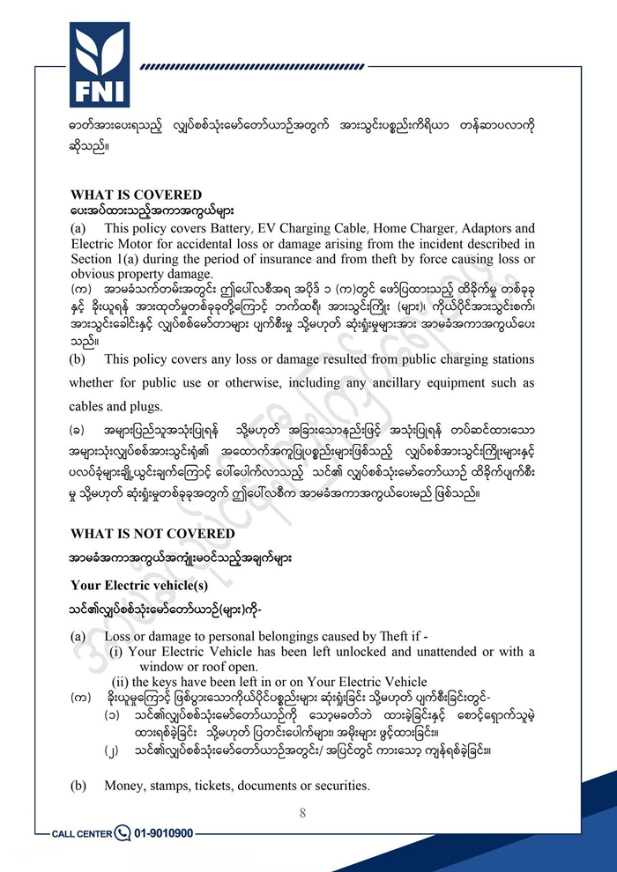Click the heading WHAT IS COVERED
coord(136,195)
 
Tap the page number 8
coord(302,812)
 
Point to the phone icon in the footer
coord(122,832)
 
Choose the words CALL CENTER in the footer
coord(82,833)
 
